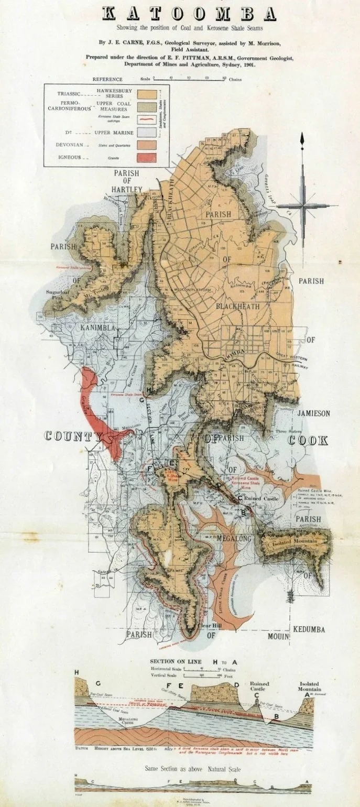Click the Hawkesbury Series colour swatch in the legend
tap(147, 95)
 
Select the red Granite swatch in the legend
tap(147, 157)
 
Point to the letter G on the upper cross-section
tap(98, 684)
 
